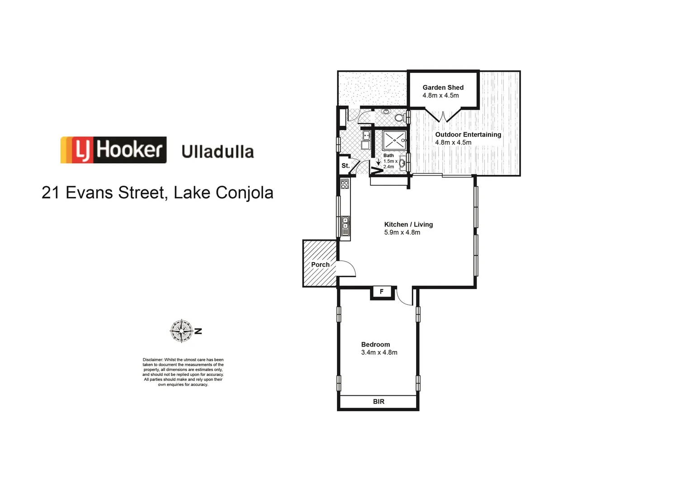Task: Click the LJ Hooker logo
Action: [x=114, y=150]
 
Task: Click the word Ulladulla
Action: [x=218, y=152]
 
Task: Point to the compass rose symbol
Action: [x=182, y=331]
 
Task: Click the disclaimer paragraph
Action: [x=183, y=372]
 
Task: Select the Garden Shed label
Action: [x=443, y=88]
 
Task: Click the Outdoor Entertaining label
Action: [x=468, y=135]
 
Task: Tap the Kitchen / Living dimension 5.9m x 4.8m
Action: [x=402, y=232]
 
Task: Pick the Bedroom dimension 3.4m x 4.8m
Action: [x=379, y=352]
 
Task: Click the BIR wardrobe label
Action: [x=379, y=401]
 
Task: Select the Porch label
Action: [x=320, y=264]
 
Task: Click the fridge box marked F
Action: [x=382, y=292]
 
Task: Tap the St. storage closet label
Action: [x=345, y=166]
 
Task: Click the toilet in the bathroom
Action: [x=399, y=118]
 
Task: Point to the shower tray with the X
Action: [x=394, y=140]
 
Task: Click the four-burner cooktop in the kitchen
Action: [x=345, y=184]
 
